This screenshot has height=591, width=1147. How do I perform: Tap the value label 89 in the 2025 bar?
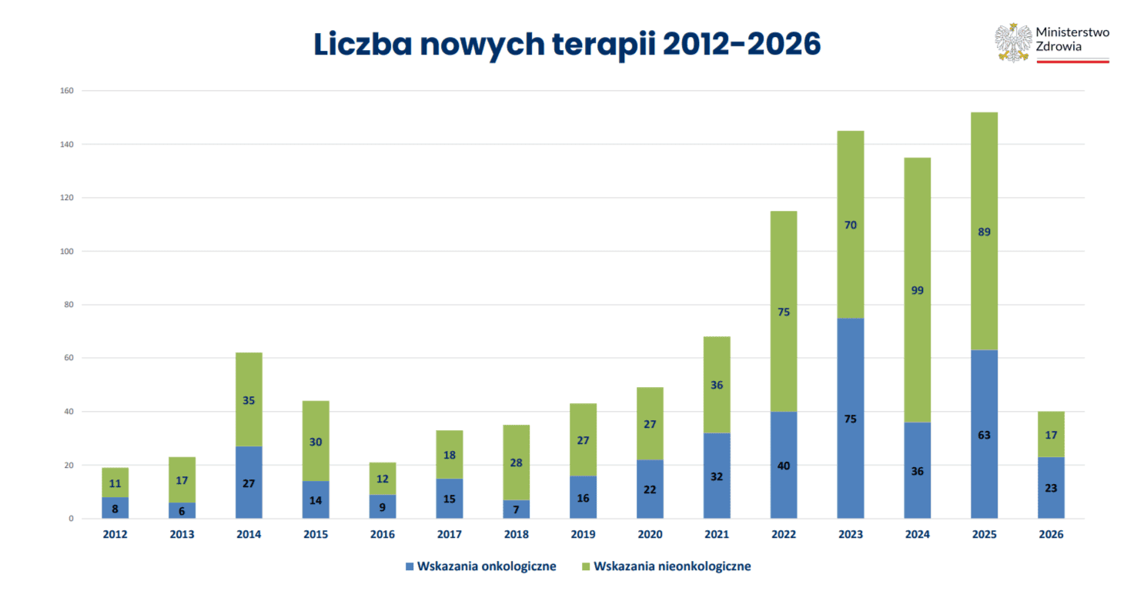(x=984, y=232)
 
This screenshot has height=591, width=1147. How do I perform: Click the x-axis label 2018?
(x=516, y=534)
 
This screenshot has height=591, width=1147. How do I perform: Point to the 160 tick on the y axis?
(x=66, y=91)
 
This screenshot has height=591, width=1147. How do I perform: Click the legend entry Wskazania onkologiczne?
(x=480, y=566)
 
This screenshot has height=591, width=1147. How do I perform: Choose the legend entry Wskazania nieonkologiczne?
(x=666, y=566)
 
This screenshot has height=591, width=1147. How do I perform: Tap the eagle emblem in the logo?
(x=1012, y=42)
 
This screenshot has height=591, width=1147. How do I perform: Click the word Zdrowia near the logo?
(x=1058, y=47)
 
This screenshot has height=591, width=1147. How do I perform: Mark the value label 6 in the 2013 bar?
(x=182, y=512)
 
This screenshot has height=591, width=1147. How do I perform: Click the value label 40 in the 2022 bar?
(x=784, y=466)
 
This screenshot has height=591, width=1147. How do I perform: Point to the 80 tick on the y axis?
(x=69, y=305)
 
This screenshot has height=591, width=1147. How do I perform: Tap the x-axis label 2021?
(x=717, y=534)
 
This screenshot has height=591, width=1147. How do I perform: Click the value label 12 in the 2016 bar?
(x=383, y=479)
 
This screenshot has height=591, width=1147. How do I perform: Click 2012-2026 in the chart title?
(x=741, y=44)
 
